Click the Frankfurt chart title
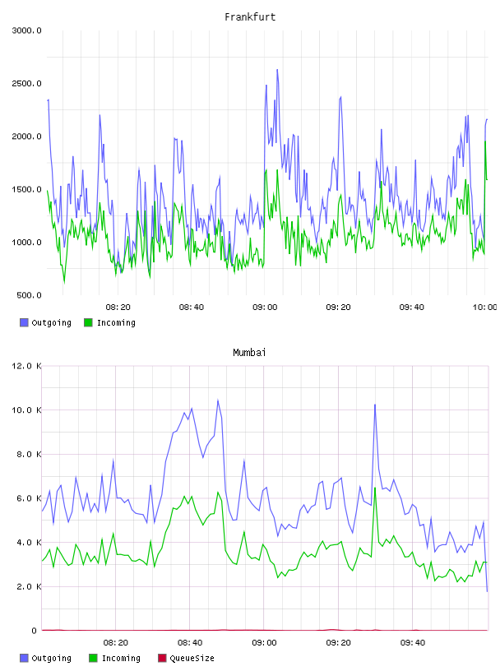[x=250, y=17]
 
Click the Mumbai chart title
[x=249, y=353]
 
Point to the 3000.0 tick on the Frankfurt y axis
[x=26, y=30]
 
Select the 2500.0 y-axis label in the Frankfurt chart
[x=26, y=83]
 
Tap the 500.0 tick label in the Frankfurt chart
[x=29, y=295]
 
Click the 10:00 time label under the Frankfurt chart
[x=484, y=308]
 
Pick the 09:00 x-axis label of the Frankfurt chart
[x=265, y=308]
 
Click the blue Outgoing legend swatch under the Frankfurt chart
[x=24, y=322]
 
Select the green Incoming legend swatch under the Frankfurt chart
[x=88, y=322]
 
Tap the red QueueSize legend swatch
[x=162, y=658]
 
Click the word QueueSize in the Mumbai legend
[x=192, y=658]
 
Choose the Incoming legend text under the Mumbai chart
[x=121, y=658]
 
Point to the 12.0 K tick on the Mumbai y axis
[x=26, y=366]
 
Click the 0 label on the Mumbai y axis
[x=34, y=631]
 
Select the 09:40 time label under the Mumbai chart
[x=413, y=643]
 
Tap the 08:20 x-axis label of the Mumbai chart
[x=116, y=643]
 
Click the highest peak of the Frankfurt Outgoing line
[x=277, y=69]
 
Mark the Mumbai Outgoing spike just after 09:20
[x=375, y=405]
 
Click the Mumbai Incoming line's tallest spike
[x=375, y=488]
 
